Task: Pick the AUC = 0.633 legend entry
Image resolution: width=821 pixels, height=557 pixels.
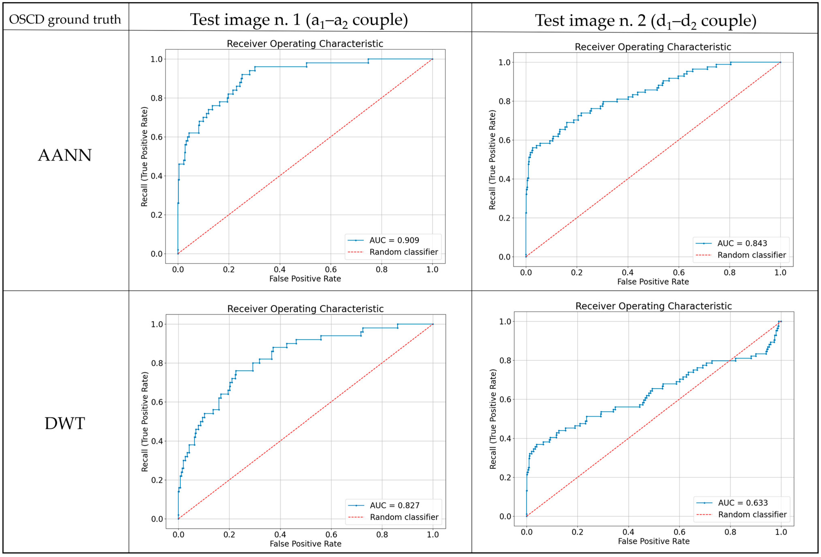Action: [742, 503]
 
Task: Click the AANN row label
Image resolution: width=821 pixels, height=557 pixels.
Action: [65, 156]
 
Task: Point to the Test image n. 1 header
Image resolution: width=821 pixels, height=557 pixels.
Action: [299, 20]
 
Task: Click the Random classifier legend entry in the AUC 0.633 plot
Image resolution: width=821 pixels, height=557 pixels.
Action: [752, 515]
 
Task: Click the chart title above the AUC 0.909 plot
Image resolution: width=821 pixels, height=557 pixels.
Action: [305, 44]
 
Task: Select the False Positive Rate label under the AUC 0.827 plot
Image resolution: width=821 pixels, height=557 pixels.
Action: [306, 544]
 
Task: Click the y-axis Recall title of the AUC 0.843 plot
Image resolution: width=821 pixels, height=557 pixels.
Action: [492, 160]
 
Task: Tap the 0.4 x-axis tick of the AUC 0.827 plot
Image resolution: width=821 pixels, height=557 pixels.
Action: [280, 535]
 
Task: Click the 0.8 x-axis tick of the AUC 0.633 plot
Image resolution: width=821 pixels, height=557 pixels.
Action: [730, 532]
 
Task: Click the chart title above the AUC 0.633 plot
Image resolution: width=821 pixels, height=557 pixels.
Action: [654, 306]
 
